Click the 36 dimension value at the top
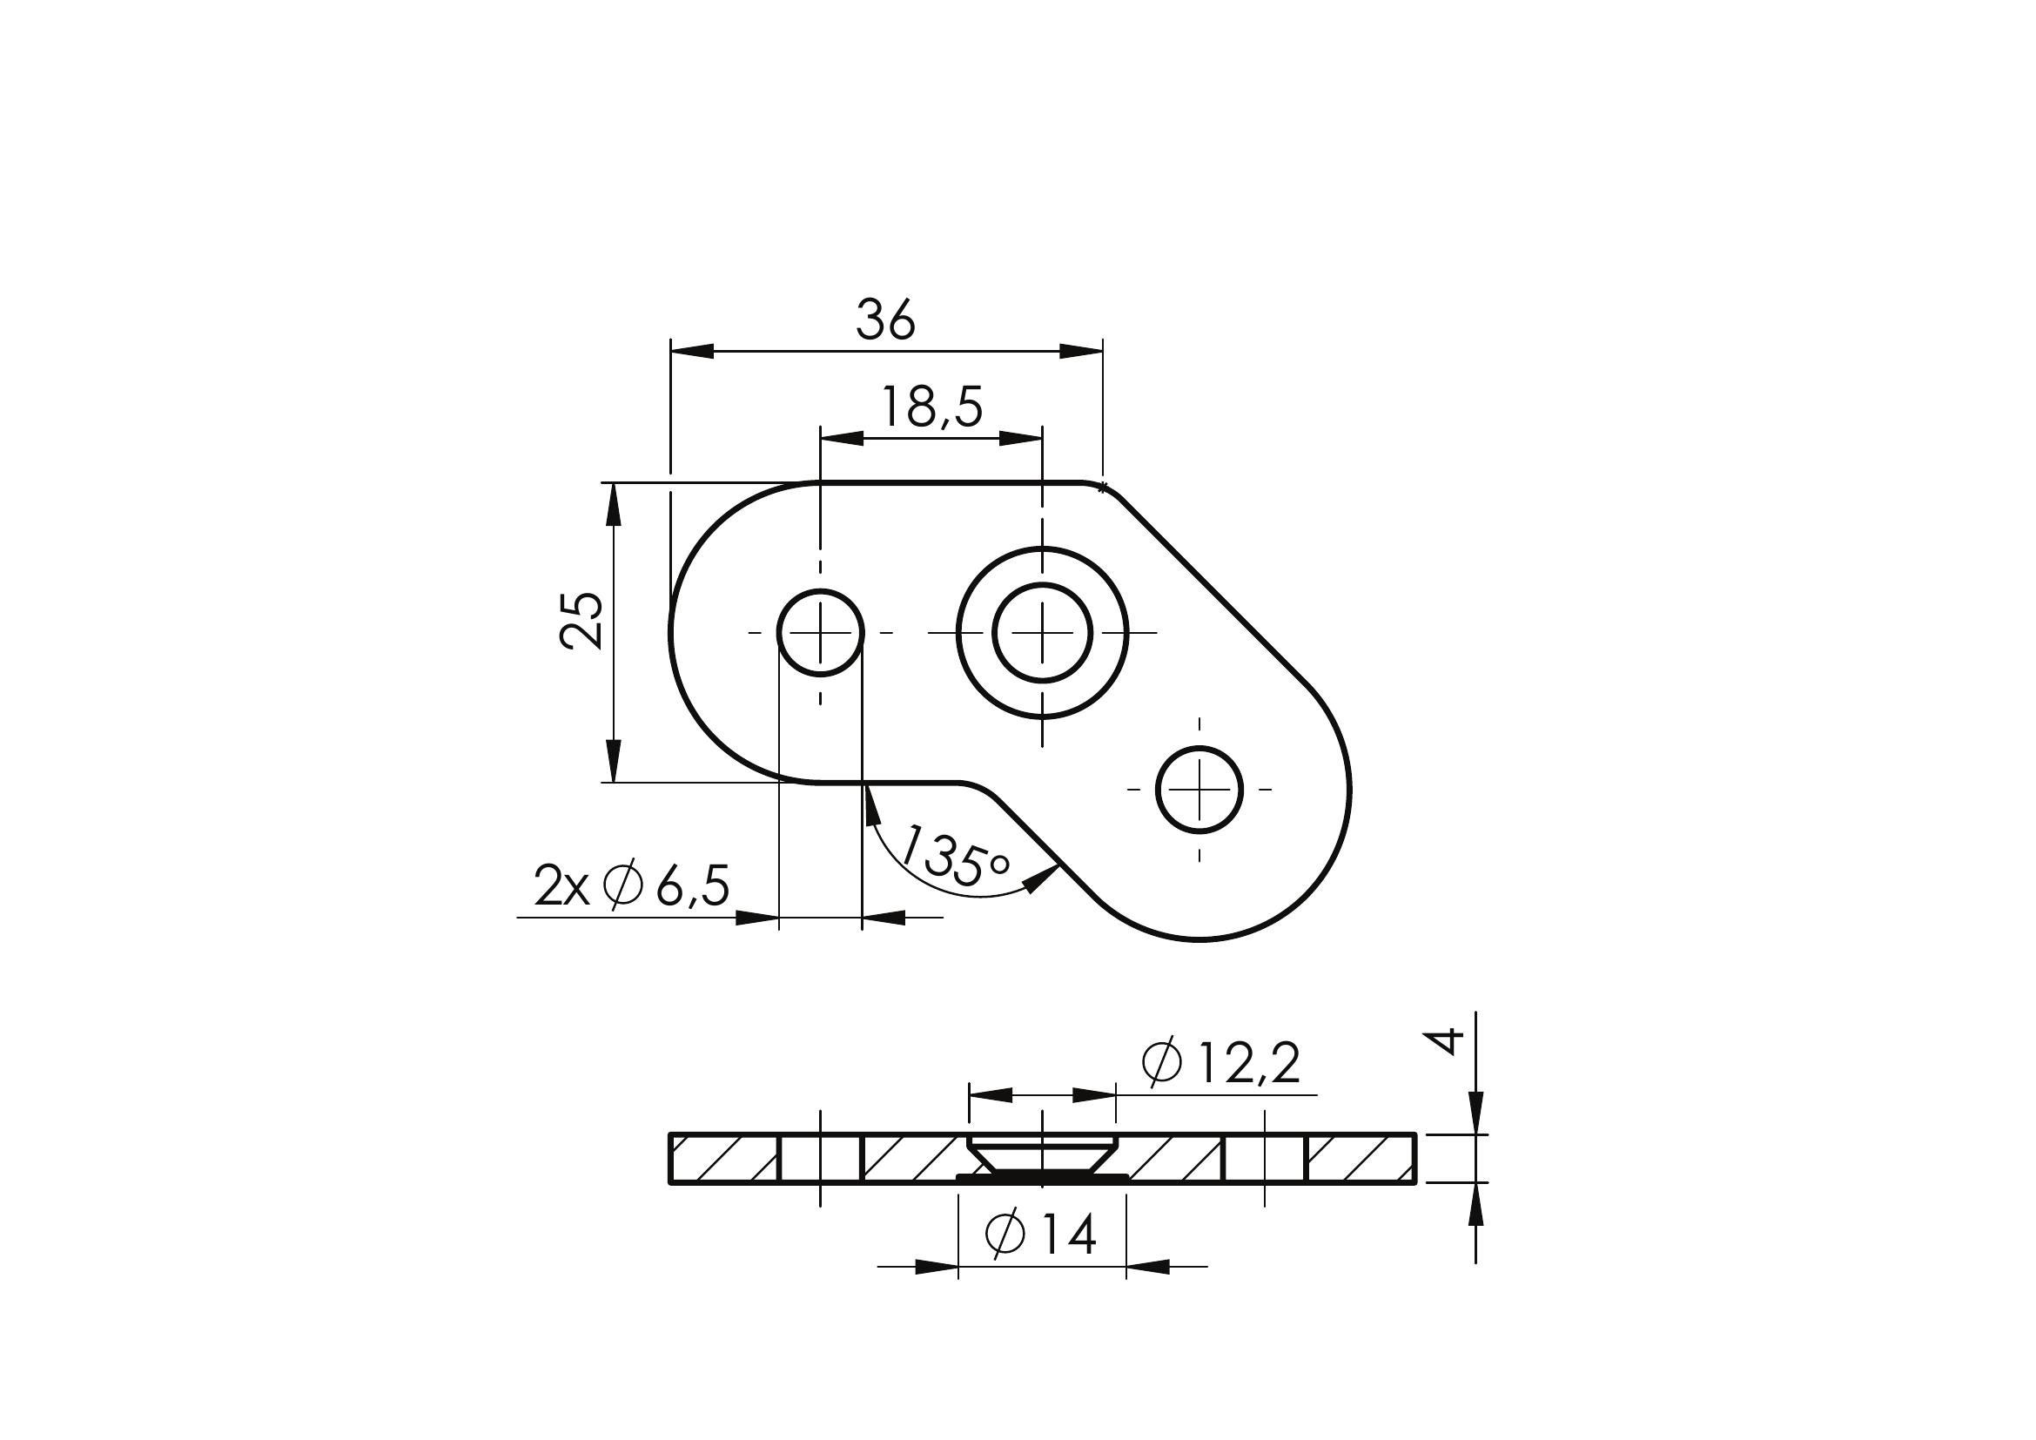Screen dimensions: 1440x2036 click(885, 321)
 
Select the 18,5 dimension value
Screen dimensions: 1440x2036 click(931, 409)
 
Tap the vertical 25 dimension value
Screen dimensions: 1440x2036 click(582, 621)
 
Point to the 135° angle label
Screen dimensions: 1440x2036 click(954, 857)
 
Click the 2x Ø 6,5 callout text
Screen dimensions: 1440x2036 click(631, 885)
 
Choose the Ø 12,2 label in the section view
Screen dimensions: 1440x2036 click(1221, 1063)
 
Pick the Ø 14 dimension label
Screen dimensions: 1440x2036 click(1041, 1235)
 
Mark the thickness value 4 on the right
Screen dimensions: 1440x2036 click(1447, 1041)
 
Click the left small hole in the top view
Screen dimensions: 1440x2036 click(820, 632)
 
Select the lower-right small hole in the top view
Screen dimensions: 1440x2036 click(1199, 789)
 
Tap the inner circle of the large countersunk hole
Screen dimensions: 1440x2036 click(1042, 632)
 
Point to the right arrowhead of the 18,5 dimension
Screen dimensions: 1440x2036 click(1020, 437)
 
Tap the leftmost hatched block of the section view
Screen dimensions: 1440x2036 click(724, 1158)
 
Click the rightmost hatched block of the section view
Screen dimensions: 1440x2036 click(1361, 1158)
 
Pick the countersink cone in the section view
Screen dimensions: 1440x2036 click(1042, 1154)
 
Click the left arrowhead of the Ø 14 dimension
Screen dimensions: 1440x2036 click(937, 1267)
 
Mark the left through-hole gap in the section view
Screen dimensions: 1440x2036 click(820, 1158)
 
